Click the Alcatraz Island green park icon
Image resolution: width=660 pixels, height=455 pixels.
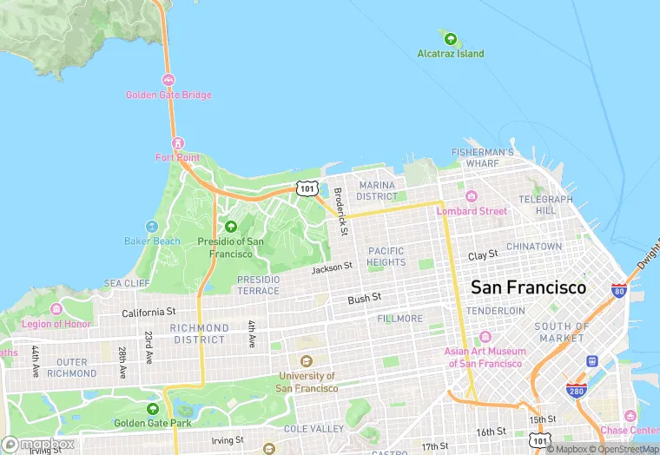coord(450,39)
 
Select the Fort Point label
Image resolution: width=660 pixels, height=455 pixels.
coord(177,157)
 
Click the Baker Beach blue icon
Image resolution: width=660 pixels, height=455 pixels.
coord(152,227)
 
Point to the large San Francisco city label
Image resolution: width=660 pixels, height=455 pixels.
coord(528,287)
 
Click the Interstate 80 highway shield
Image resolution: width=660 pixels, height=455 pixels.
coord(619,291)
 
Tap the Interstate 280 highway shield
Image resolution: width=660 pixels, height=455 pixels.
coord(575,390)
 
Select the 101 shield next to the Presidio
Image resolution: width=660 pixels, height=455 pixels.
coord(306,188)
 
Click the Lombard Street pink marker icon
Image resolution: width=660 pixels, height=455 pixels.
coord(472,196)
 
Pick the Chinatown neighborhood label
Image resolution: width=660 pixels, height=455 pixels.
coord(534,247)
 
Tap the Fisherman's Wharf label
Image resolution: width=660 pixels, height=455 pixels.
coord(487,157)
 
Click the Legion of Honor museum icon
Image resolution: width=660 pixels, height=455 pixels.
coord(56,309)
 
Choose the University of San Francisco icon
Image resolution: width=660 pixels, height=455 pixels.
coord(306,361)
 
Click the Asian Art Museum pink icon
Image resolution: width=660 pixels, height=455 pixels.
coord(485,337)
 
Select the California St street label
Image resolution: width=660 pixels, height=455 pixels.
coord(148,312)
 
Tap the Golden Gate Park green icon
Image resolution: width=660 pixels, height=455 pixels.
coord(153,408)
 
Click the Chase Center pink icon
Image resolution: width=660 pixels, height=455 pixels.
coord(630,416)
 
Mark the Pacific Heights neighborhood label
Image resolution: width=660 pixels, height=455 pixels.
coord(386,256)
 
